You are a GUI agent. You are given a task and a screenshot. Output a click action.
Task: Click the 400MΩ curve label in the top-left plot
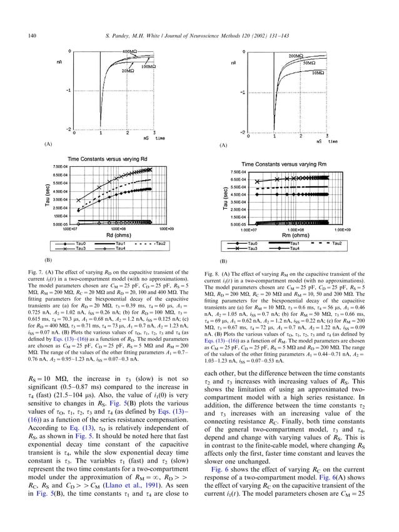point(131,51)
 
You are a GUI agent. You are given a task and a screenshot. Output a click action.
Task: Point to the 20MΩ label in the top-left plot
point(128,71)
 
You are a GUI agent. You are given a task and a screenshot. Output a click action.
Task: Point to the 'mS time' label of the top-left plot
point(152,137)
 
